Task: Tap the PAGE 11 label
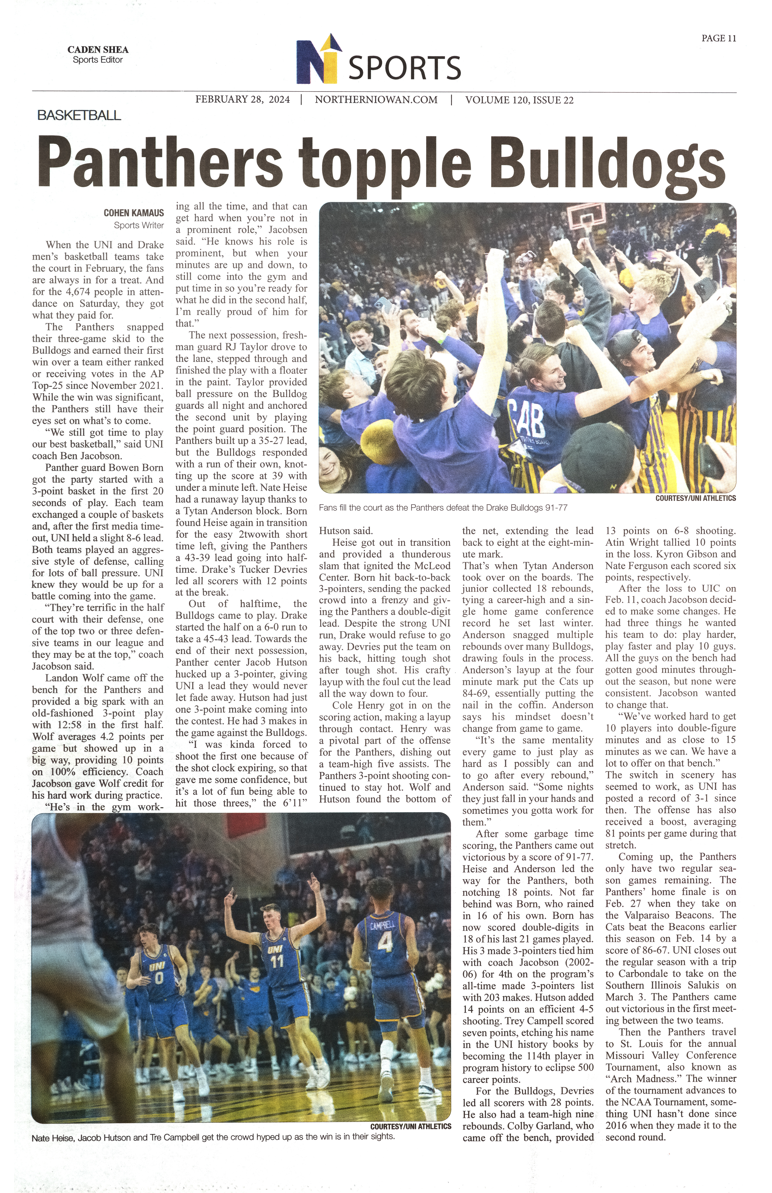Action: [718, 38]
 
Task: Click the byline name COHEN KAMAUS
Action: [133, 213]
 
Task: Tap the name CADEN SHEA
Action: [98, 50]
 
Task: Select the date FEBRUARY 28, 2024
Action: [243, 100]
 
